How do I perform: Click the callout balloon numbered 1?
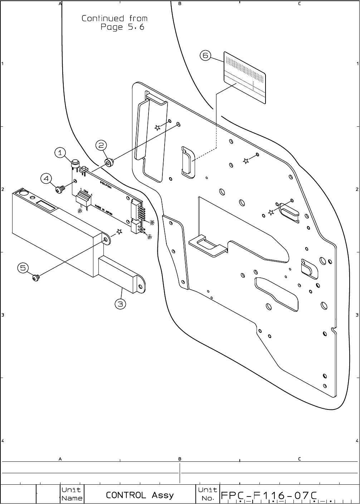60,153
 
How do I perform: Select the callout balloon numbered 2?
101,145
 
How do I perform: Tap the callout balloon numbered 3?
121,304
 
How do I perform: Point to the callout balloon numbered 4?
47,178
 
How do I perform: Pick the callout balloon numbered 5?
23,268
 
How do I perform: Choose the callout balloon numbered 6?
205,55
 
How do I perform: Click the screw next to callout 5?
36,277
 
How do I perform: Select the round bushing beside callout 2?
108,163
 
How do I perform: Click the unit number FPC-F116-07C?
269,495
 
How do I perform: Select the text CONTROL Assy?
140,495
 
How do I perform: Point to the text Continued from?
115,18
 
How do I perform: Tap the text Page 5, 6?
122,27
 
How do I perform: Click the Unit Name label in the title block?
72,494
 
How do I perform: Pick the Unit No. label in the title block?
208,494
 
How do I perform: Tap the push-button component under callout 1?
75,164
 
